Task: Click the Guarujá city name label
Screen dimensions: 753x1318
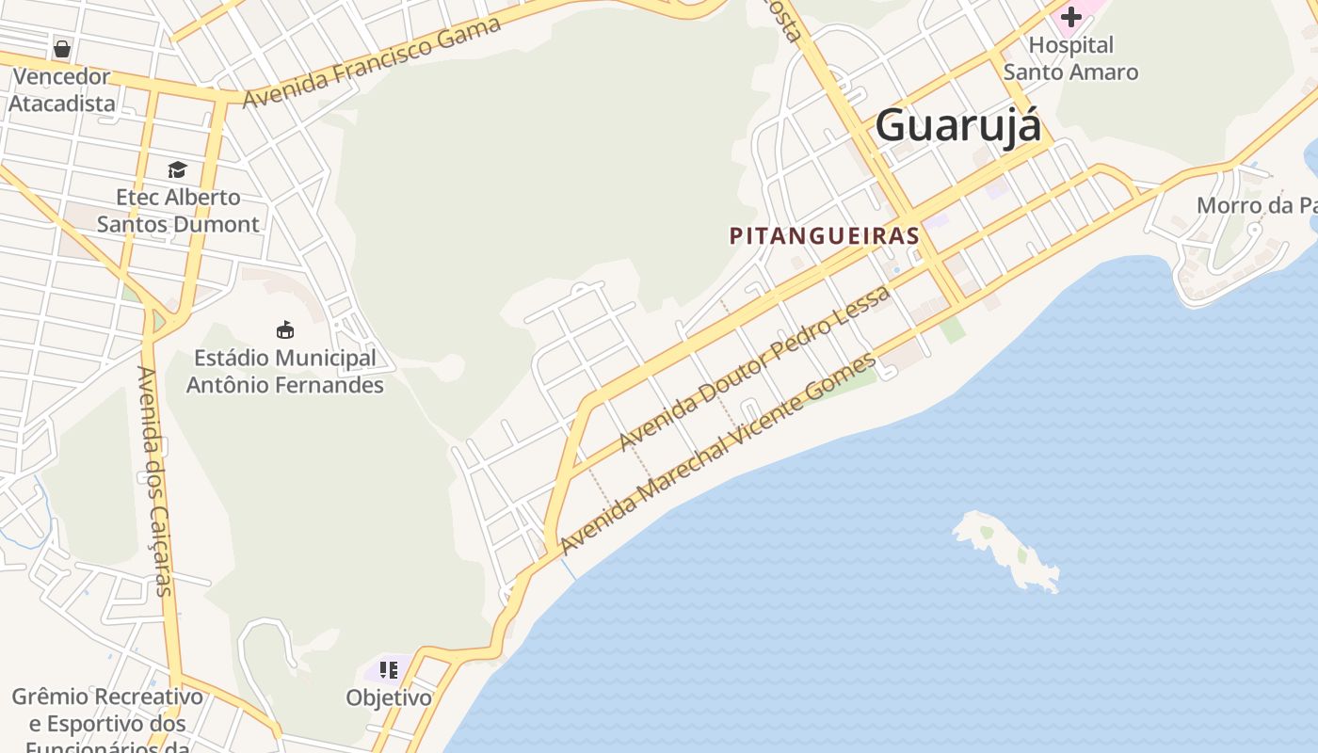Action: tap(958, 126)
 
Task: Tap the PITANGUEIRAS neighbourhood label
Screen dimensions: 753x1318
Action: tap(825, 235)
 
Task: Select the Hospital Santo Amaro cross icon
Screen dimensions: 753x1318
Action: tap(1071, 16)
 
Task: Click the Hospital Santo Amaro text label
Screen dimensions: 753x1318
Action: tap(1070, 58)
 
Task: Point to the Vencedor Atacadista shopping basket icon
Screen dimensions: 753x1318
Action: tap(62, 48)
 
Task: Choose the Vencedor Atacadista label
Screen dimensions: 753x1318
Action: tap(62, 90)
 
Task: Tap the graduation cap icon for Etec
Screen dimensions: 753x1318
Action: tap(177, 169)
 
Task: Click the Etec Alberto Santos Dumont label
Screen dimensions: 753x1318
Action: tap(178, 211)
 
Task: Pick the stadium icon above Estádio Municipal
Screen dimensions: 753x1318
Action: tap(285, 329)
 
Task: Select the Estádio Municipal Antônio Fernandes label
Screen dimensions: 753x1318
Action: tap(285, 372)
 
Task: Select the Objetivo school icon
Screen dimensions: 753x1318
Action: tap(389, 670)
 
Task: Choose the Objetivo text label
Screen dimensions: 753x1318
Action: tap(389, 698)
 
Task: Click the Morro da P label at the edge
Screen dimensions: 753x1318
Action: tap(1256, 205)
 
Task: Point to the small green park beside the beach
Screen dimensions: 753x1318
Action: tap(953, 328)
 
